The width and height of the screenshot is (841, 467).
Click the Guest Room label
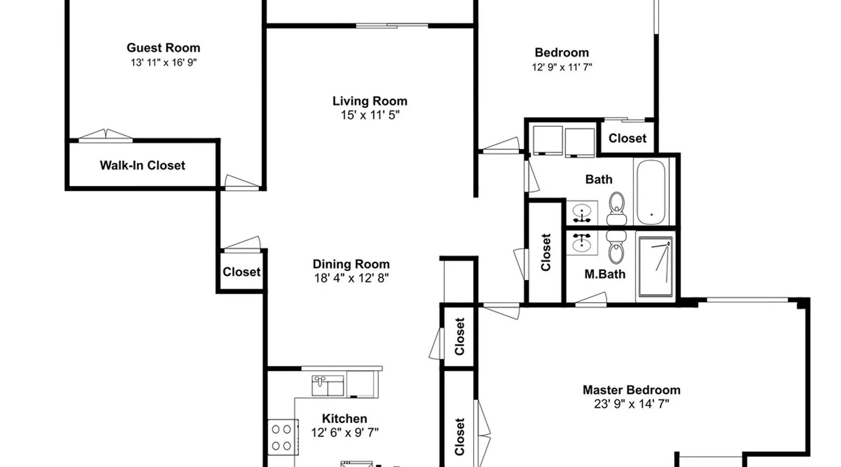pyautogui.click(x=163, y=48)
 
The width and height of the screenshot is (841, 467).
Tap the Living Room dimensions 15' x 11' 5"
pyautogui.click(x=370, y=115)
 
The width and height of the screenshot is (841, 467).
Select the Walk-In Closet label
pyautogui.click(x=143, y=165)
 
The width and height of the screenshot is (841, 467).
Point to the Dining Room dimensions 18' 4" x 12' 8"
pyautogui.click(x=351, y=278)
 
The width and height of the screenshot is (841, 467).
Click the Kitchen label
pyautogui.click(x=344, y=418)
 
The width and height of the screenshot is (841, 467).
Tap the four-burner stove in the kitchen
pyautogui.click(x=283, y=438)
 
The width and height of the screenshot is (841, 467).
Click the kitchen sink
pyautogui.click(x=328, y=386)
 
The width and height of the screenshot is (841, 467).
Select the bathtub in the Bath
pyautogui.click(x=651, y=192)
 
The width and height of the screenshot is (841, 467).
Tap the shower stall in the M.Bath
pyautogui.click(x=655, y=267)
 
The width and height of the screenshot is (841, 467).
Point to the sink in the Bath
pyautogui.click(x=582, y=213)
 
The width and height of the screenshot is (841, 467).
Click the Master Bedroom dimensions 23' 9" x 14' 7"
pyautogui.click(x=632, y=404)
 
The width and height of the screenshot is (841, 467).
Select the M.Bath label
pyautogui.click(x=605, y=274)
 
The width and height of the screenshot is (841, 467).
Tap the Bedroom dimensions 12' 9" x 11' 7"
pyautogui.click(x=562, y=67)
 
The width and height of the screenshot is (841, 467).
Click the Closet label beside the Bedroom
pyautogui.click(x=627, y=138)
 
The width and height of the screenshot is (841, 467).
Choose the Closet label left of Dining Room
pyautogui.click(x=242, y=272)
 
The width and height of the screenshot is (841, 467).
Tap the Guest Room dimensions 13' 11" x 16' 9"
pyautogui.click(x=164, y=63)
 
